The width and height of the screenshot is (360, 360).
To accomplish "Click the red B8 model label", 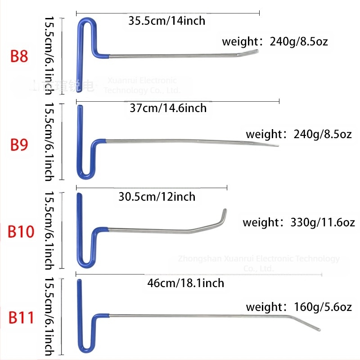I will coord(19,57).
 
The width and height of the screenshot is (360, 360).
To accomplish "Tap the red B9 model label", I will coord(19,144).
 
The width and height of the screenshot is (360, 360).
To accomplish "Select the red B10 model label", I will coord(21,232).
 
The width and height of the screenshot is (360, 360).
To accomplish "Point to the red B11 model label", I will coord(22,317).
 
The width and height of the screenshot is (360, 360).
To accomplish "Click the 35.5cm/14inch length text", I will coord(166,21).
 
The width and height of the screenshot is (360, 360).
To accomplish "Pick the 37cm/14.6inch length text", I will coord(167,108).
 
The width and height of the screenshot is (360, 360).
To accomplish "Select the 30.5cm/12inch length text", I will coord(157,197).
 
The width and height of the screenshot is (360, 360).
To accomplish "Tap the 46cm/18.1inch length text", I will coord(185,283).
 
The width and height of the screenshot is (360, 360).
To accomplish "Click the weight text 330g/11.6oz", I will coord(299,222).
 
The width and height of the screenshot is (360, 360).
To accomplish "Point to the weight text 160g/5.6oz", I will coord(299,307).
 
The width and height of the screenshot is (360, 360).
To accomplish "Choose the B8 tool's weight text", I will coord(275,42).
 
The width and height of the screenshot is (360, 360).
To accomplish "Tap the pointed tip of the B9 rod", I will coord(276,145).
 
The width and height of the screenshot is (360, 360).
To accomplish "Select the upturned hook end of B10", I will coord(224,211).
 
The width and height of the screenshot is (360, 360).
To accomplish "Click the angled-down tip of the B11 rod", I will coord(318,330).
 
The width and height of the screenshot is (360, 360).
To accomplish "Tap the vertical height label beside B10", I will coord(49,230).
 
